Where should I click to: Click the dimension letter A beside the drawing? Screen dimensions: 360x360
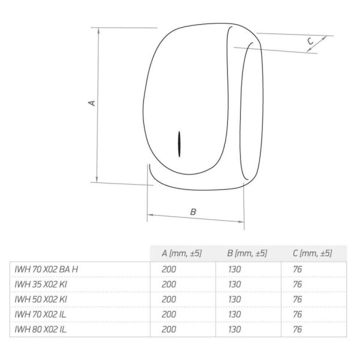click(x=92, y=103)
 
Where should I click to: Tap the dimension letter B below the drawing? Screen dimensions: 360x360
click(x=193, y=212)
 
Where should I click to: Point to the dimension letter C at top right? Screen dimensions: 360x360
click(x=310, y=41)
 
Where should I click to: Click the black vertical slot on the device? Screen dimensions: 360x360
click(x=179, y=144)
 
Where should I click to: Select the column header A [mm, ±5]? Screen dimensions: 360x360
click(x=182, y=253)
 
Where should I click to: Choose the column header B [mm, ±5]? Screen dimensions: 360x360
click(x=247, y=253)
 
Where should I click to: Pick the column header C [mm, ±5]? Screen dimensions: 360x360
click(x=313, y=253)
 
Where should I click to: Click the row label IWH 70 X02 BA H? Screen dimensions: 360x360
click(x=46, y=269)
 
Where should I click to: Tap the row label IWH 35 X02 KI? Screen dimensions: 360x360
click(x=41, y=284)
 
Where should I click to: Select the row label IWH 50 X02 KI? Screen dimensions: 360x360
click(x=41, y=299)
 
